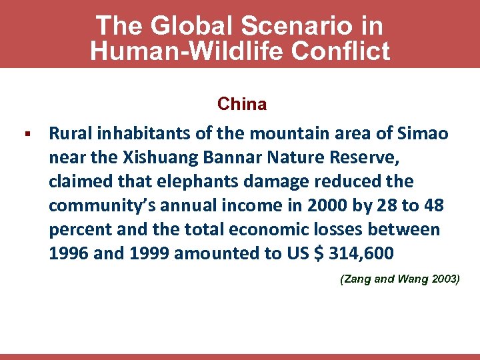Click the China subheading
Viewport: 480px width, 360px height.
coord(242,104)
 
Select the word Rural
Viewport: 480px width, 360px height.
coord(71,133)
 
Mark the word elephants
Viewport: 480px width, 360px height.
coord(190,181)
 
